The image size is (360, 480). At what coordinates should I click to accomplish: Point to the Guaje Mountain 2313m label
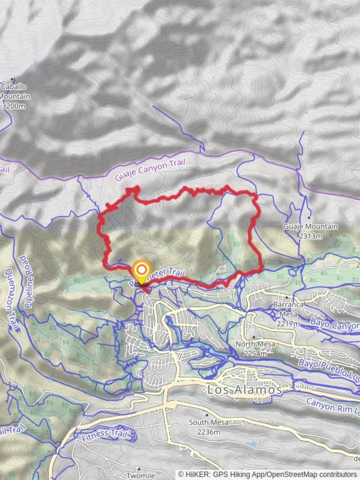(x=310, y=231)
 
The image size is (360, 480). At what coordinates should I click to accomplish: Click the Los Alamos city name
(x=244, y=390)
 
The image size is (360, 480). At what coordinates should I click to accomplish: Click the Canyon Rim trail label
(x=332, y=407)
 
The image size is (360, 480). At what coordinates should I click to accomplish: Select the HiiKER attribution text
(x=268, y=475)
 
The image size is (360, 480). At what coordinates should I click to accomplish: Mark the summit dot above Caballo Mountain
(x=12, y=79)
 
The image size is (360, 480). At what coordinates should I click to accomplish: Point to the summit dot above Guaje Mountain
(x=308, y=217)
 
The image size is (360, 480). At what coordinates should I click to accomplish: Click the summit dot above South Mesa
(x=207, y=414)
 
